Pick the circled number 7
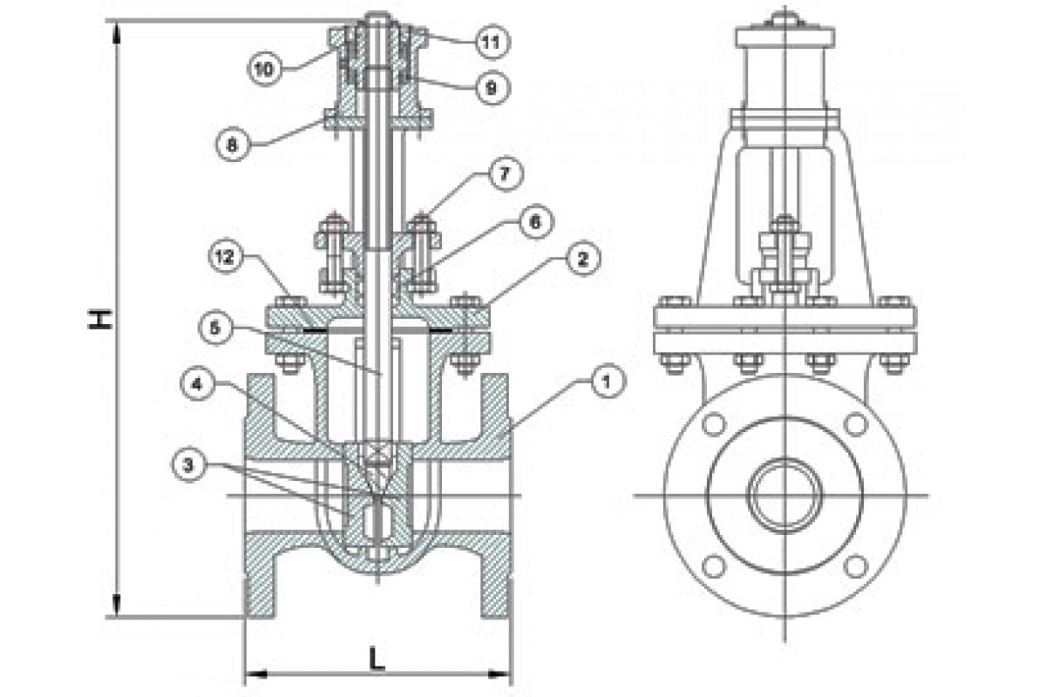click(x=505, y=173)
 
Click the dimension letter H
click(x=102, y=318)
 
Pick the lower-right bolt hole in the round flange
click(x=856, y=567)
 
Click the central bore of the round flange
click(x=784, y=496)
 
